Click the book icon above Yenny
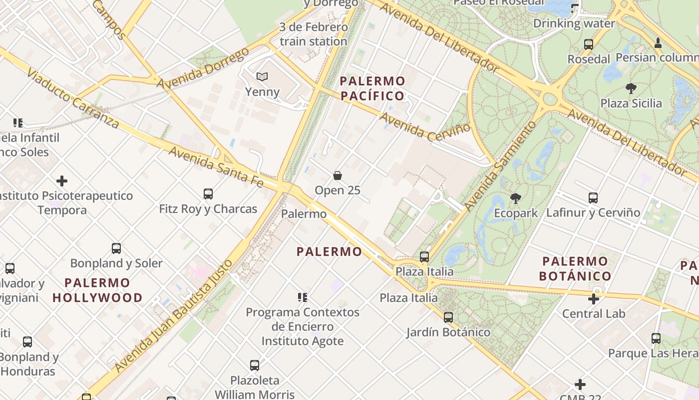click(262, 76)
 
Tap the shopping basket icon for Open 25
click(338, 175)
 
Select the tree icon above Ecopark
click(516, 198)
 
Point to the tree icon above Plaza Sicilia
click(631, 88)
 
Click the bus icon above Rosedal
click(589, 44)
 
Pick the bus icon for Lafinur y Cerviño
click(593, 197)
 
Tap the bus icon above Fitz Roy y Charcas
click(208, 193)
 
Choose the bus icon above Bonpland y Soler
click(116, 248)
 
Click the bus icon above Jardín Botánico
click(448, 317)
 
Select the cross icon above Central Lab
click(593, 299)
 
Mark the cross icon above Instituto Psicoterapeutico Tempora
click(62, 180)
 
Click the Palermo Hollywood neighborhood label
click(97, 290)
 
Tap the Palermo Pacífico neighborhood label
click(372, 88)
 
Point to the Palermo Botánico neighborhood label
click(575, 268)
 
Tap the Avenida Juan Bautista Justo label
click(174, 316)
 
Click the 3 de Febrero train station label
click(313, 34)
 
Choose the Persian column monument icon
click(658, 43)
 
